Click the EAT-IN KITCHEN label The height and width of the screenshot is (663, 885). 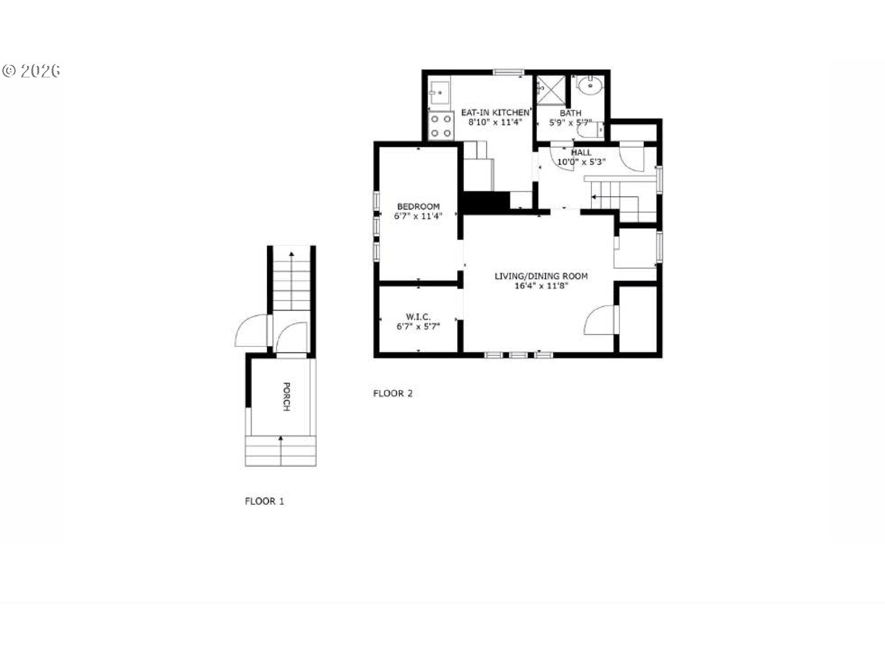tap(496, 112)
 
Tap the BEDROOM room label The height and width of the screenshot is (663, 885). tap(418, 207)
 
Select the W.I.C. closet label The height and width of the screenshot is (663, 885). tap(418, 317)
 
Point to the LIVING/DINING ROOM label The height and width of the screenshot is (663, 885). tap(541, 276)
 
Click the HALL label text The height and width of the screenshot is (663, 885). tap(581, 152)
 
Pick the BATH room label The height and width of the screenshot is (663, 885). tap(570, 113)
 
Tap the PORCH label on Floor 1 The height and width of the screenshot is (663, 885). tap(286, 396)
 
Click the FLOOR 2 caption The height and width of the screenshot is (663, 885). tap(393, 393)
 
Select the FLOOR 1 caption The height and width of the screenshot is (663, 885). tap(264, 501)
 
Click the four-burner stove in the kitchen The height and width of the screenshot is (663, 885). tap(441, 126)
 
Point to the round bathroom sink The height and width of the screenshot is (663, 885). tap(590, 86)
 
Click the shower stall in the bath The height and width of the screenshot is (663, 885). tap(551, 90)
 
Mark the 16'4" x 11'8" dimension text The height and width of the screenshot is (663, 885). tap(541, 286)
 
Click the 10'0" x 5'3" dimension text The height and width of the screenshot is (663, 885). tap(581, 162)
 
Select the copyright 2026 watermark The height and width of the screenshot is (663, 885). tap(31, 71)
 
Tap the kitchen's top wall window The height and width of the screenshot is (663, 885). tap(508, 72)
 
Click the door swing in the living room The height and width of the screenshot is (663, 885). tap(599, 320)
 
